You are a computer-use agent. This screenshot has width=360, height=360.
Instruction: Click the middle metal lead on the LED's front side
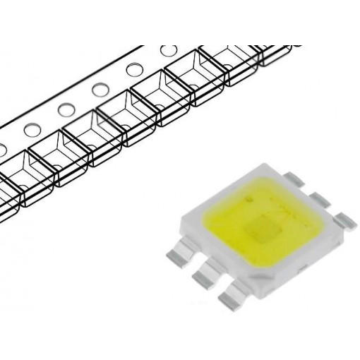click(x=205, y=272)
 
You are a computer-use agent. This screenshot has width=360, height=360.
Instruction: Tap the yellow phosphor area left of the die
click(x=226, y=226)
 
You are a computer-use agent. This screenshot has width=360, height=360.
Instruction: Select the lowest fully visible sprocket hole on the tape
click(x=32, y=130)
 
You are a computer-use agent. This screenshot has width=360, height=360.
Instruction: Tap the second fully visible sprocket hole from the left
click(x=66, y=110)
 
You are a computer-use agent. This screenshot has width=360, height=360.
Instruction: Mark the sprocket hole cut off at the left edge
click(x=2, y=150)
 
